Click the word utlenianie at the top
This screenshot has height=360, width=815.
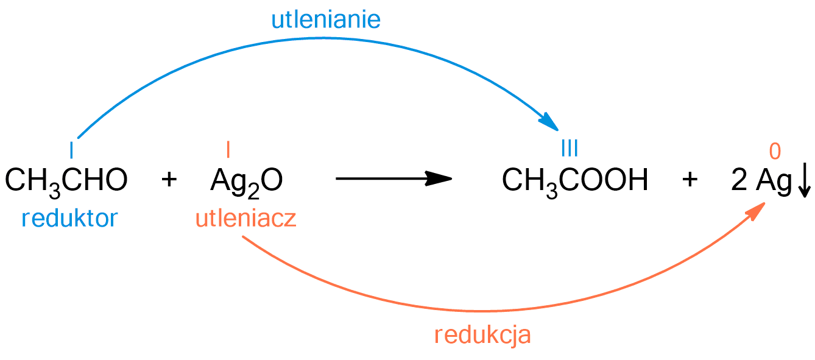[326, 19]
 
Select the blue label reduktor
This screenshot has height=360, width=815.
[69, 217]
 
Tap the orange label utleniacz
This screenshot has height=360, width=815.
[246, 217]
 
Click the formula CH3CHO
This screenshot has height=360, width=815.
[66, 180]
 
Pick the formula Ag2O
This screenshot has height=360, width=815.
[247, 180]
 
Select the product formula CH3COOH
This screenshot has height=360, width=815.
[575, 180]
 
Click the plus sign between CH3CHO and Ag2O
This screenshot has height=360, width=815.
[169, 180]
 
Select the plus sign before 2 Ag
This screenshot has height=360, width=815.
[690, 180]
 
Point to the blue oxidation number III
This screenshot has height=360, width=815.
[569, 148]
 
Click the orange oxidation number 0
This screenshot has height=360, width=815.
[775, 150]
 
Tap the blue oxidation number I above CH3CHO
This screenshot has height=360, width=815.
[71, 149]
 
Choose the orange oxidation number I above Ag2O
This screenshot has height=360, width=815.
[228, 149]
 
